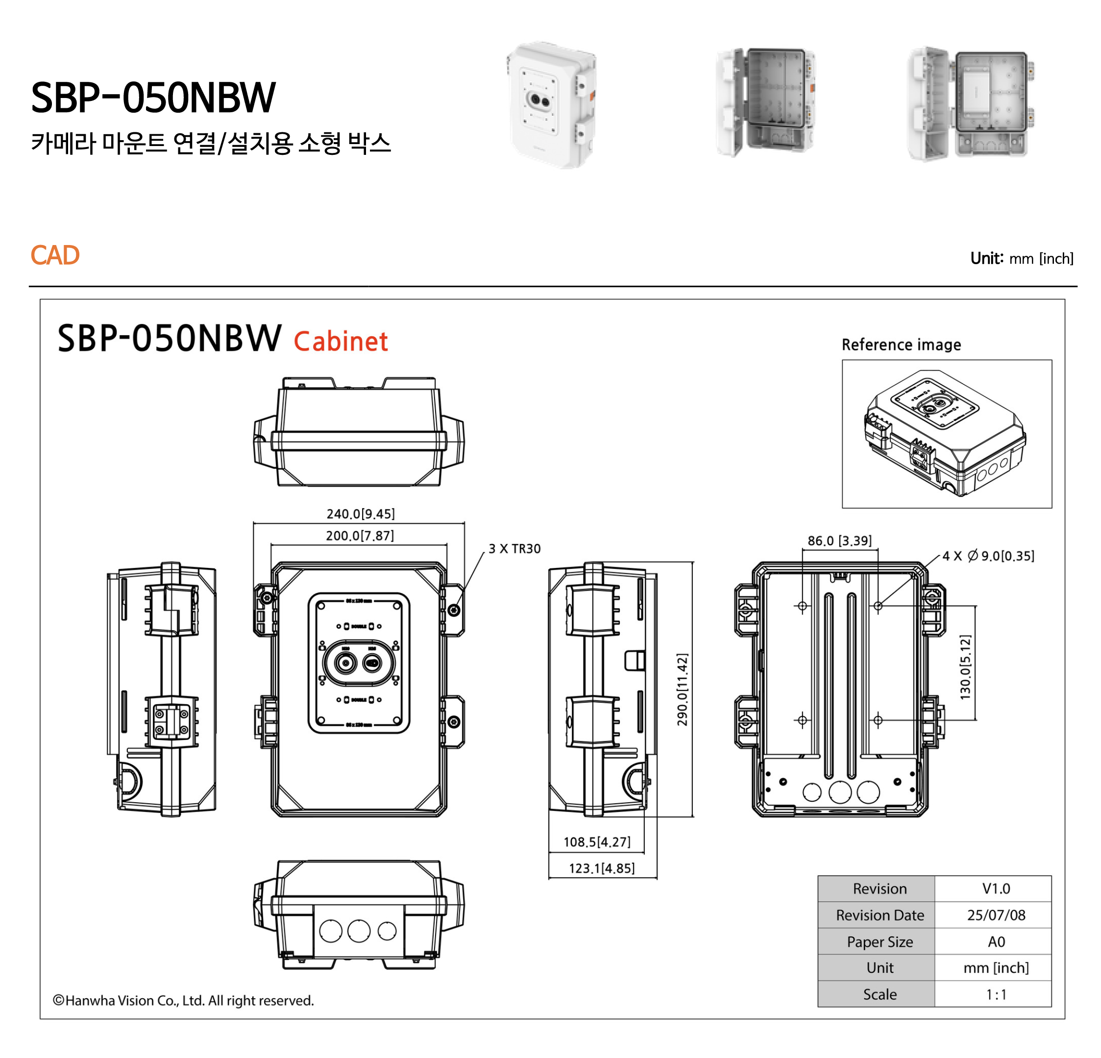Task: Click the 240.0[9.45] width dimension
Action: pos(361,514)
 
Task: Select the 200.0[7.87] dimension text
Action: pos(360,536)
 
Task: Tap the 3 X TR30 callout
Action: pos(514,548)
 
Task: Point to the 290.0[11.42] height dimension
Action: pos(682,689)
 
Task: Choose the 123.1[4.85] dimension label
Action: pos(602,868)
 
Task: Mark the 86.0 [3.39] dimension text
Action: pos(839,541)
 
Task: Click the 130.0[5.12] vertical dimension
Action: pos(965,667)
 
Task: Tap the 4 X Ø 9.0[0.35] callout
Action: pos(988,556)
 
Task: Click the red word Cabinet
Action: pos(341,341)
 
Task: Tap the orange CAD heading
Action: pos(55,255)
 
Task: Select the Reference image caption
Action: pos(901,344)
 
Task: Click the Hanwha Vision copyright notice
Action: pos(183,1000)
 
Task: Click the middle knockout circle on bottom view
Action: pos(358,931)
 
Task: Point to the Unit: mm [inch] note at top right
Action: pos(1021,258)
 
